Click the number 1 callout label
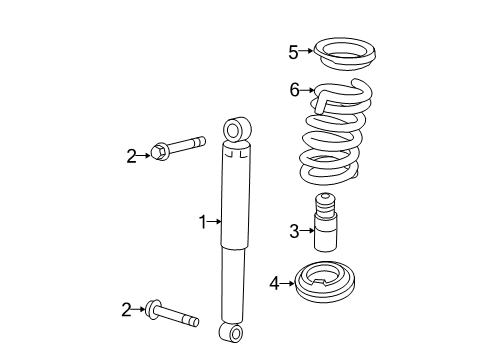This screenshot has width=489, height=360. point(202,221)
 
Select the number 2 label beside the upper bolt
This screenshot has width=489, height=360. point(130,155)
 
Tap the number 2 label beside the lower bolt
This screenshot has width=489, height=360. point(127,311)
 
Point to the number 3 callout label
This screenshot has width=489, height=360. point(293,232)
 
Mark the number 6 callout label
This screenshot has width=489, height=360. point(294,90)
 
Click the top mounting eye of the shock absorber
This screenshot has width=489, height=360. point(236,130)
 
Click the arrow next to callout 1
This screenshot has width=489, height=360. point(214,221)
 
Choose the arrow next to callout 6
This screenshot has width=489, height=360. point(306,90)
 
